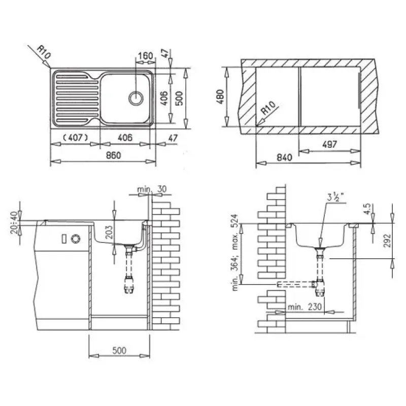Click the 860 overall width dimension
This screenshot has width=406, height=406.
tap(113, 155)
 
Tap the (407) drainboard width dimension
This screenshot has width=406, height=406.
tap(76, 138)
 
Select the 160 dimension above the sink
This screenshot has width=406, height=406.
tap(145, 56)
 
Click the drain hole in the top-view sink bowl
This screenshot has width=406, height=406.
tap(136, 98)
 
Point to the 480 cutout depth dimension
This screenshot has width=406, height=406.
tap(220, 96)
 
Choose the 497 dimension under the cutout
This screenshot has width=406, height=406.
tap(329, 144)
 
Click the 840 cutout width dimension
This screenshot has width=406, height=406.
tap(284, 157)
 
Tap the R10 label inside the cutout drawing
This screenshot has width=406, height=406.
tap(267, 108)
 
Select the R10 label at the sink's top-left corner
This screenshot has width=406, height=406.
tap(44, 52)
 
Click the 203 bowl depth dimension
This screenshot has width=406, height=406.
tap(109, 232)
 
